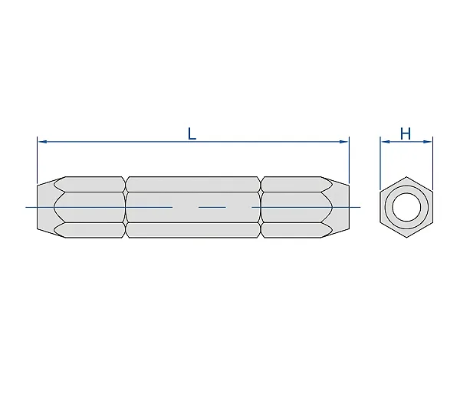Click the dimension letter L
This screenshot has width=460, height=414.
(192, 134)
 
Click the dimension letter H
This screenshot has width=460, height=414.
(406, 134)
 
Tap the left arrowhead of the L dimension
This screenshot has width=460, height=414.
(43, 142)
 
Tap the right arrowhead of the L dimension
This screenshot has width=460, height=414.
(343, 142)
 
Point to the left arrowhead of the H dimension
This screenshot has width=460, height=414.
(385, 142)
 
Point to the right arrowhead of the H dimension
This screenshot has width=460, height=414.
(428, 142)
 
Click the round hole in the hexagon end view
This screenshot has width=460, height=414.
(406, 207)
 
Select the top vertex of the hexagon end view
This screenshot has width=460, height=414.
(406, 176)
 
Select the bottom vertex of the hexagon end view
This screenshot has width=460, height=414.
(406, 238)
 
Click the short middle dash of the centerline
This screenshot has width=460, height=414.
(212, 207)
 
